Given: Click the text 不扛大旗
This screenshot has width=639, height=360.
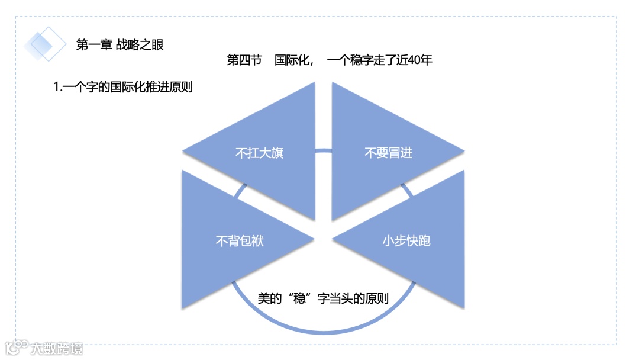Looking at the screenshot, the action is [259, 153].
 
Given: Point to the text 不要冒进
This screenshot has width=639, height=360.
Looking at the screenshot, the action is [388, 153].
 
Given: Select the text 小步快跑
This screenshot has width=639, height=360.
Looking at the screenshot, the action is [406, 241].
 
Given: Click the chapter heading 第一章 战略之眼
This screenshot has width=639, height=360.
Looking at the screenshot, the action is [120, 44].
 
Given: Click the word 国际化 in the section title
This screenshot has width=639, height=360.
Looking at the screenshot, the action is [292, 60].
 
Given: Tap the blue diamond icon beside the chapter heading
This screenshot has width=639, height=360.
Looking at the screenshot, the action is [45, 44].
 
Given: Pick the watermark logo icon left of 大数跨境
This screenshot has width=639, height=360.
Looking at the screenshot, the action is [17, 347].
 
